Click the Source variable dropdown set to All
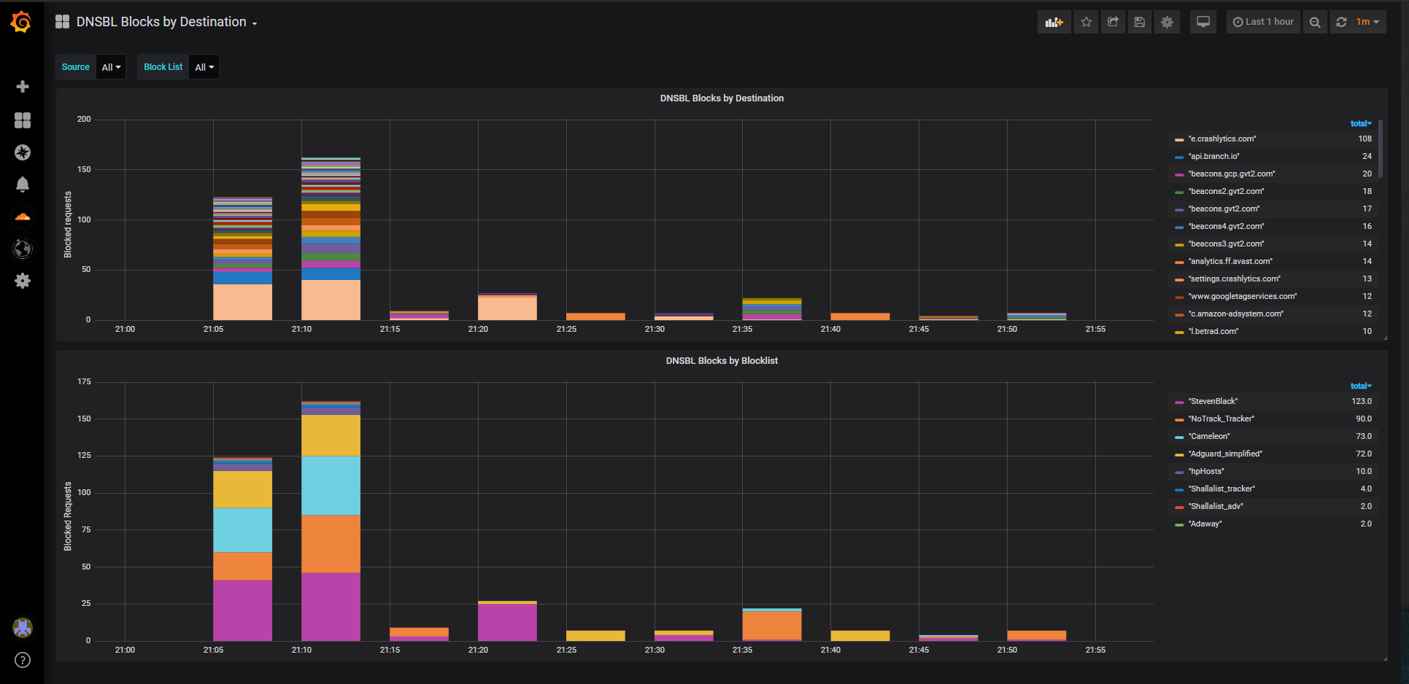point(111,67)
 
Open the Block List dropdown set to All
point(204,67)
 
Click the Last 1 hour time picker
point(1263,22)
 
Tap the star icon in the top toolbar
point(1086,22)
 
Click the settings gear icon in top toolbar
point(1167,22)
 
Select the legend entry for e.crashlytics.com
point(1221,139)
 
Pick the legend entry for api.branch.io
point(1213,156)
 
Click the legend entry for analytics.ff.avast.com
point(1230,261)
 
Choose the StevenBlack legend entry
point(1213,401)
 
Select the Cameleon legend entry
point(1209,436)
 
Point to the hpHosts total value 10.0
point(1363,471)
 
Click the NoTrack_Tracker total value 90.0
point(1363,419)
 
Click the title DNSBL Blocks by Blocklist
point(722,361)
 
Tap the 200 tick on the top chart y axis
point(84,120)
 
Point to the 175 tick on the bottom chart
point(84,382)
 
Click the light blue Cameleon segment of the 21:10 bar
point(331,486)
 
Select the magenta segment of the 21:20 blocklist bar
point(507,622)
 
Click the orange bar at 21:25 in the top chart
point(595,316)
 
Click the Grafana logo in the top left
point(21,22)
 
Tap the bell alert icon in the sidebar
point(23,184)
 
